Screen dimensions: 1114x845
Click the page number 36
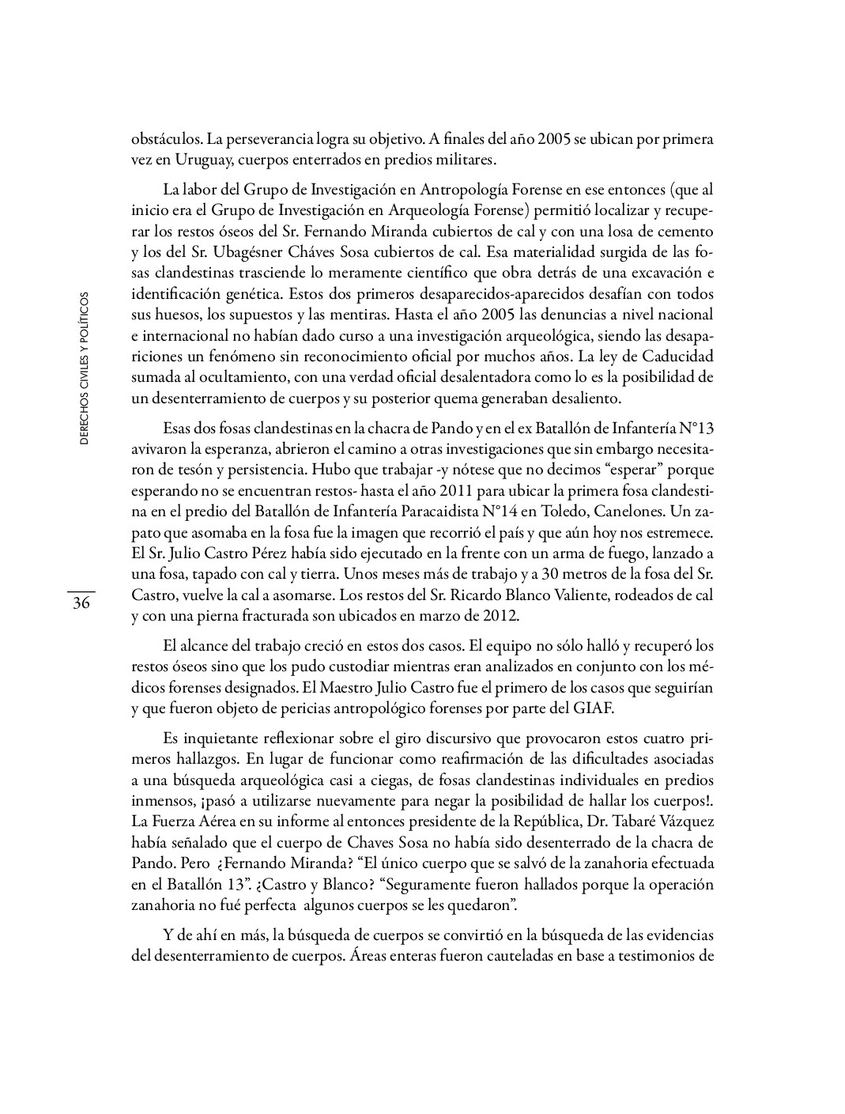coord(81,603)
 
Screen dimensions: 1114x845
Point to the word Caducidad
coord(675,355)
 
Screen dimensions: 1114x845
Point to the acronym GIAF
coord(593,708)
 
